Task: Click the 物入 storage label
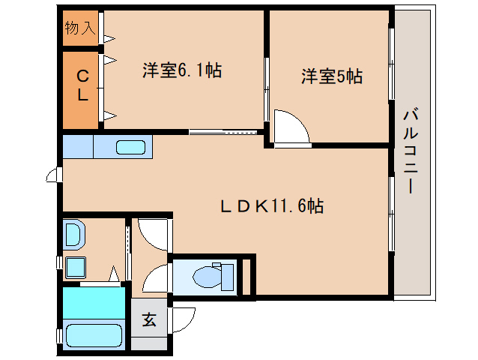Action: coord(80,28)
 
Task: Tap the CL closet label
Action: coord(84,85)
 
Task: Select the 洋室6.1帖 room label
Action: coord(182,71)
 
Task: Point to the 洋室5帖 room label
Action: coord(332,76)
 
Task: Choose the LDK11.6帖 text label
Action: coord(271,205)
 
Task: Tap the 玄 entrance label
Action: coord(150,319)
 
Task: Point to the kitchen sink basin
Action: coord(131,147)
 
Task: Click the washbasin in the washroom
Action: coord(73,235)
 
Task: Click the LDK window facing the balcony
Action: coord(391,214)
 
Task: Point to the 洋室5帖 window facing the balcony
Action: coord(391,64)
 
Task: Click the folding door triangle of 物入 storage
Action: coord(109,37)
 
